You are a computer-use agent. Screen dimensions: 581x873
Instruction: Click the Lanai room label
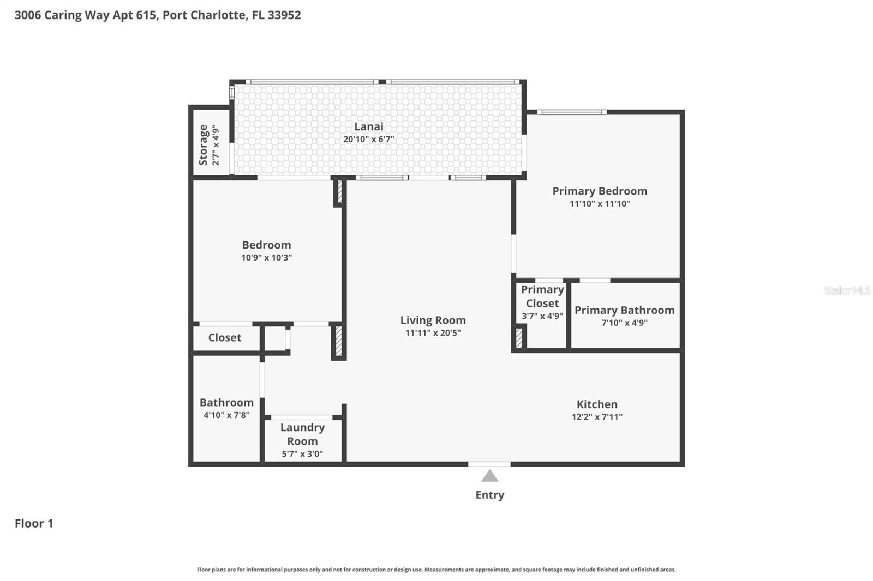pos(368,126)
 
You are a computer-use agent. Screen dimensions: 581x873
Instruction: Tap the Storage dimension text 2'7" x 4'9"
pos(216,145)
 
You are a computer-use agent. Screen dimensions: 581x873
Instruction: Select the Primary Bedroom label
pos(600,191)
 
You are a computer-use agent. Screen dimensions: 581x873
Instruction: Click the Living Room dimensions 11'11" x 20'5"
pos(433,333)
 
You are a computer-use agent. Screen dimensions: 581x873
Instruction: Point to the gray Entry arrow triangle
pos(489,476)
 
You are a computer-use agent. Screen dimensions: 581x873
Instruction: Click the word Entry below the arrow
pos(489,495)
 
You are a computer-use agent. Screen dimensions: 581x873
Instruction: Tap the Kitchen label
pos(597,404)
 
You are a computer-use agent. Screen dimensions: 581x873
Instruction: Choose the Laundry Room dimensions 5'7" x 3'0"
pos(302,454)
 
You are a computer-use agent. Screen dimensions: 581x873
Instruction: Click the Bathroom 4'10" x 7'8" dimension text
pos(226,415)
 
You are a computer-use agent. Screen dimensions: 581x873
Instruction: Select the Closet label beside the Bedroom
pos(224,337)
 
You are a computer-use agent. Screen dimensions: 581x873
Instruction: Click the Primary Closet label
pos(542,296)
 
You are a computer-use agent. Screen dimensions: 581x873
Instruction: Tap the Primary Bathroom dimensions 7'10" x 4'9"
pos(624,323)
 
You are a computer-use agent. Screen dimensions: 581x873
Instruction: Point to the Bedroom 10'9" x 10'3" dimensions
pos(266,257)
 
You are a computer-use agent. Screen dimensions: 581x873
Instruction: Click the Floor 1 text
pos(34,523)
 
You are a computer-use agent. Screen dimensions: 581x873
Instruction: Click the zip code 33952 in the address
pos(284,15)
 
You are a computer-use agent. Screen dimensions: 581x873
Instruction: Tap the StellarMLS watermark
pos(847,290)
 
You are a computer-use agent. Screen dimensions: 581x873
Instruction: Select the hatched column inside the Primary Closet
pos(519,336)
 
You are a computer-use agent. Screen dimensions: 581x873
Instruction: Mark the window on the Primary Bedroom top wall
pos(571,112)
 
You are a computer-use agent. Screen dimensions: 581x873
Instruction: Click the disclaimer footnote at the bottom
pos(436,570)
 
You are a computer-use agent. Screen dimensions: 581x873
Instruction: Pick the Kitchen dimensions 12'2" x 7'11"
pos(597,417)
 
